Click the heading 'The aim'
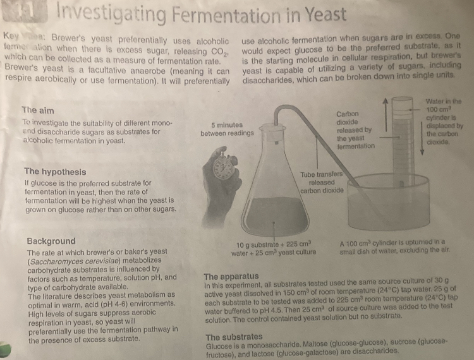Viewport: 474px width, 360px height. [x=42, y=109]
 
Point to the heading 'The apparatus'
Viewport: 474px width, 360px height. [x=231, y=277]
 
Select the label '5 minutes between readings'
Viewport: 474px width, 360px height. [x=227, y=129]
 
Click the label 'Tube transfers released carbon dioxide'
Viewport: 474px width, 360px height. [x=322, y=182]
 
